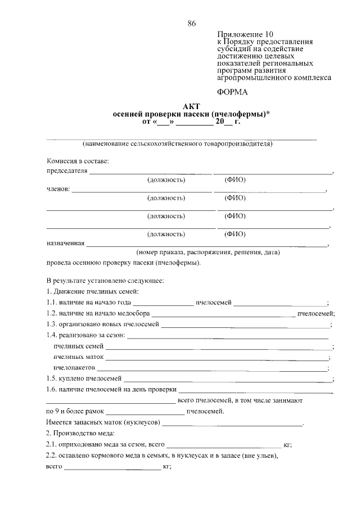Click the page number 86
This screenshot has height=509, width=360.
coord(191,23)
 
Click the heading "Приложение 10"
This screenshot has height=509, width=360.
coord(243,34)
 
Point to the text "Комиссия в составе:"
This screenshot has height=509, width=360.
coord(78,161)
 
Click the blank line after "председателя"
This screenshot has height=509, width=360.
coord(151,172)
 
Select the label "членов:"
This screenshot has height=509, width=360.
coord(58,189)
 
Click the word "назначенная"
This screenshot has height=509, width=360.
coord(65,244)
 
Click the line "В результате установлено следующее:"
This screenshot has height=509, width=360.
coord(105,280)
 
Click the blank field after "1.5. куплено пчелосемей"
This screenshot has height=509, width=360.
coord(228,379)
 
